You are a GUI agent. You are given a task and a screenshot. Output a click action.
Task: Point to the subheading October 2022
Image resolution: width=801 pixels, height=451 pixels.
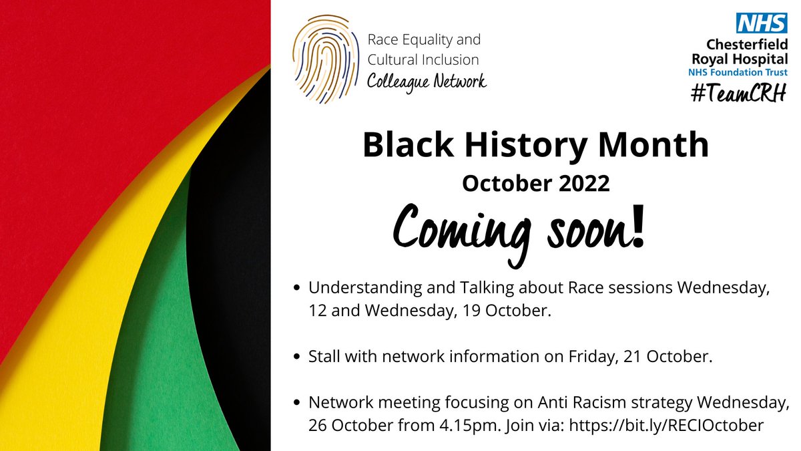535,184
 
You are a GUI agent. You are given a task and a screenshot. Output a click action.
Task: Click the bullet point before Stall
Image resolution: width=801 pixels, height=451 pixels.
297,357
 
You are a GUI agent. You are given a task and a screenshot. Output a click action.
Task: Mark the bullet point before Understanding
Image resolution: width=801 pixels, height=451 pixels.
297,289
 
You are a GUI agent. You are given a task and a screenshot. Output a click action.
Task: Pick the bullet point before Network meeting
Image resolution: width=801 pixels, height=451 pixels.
297,405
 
